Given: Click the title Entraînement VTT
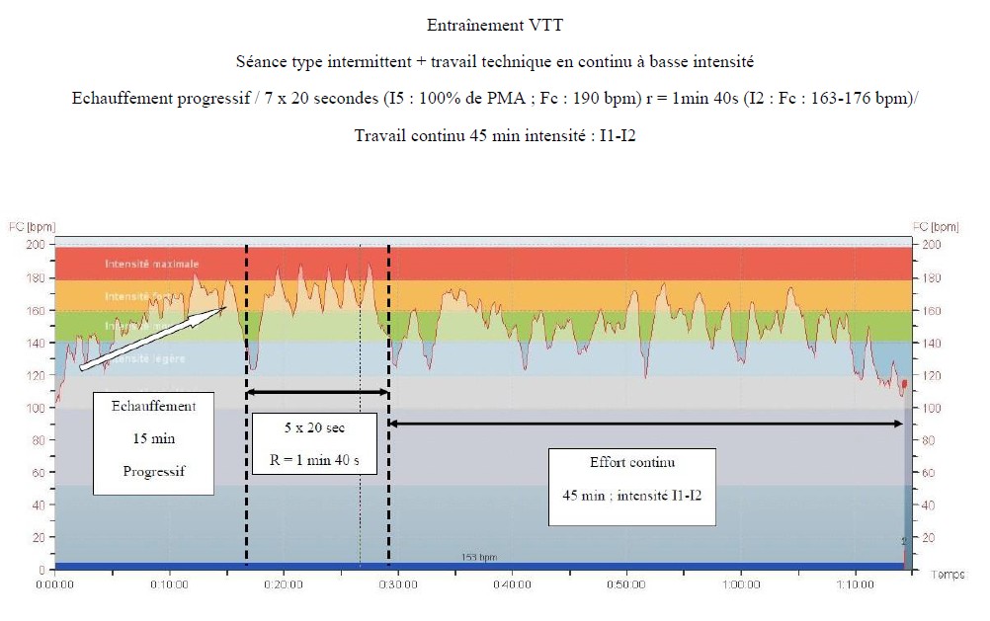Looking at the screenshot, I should pos(494,25).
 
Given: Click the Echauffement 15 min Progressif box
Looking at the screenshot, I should pos(154,439).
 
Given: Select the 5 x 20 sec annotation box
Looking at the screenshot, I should pos(313,445).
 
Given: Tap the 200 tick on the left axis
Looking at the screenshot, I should pos(40,245).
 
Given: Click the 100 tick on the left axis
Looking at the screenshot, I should pos(40,408).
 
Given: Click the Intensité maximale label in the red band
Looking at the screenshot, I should pos(152,264).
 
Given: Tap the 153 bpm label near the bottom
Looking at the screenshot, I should pos(479,558).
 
